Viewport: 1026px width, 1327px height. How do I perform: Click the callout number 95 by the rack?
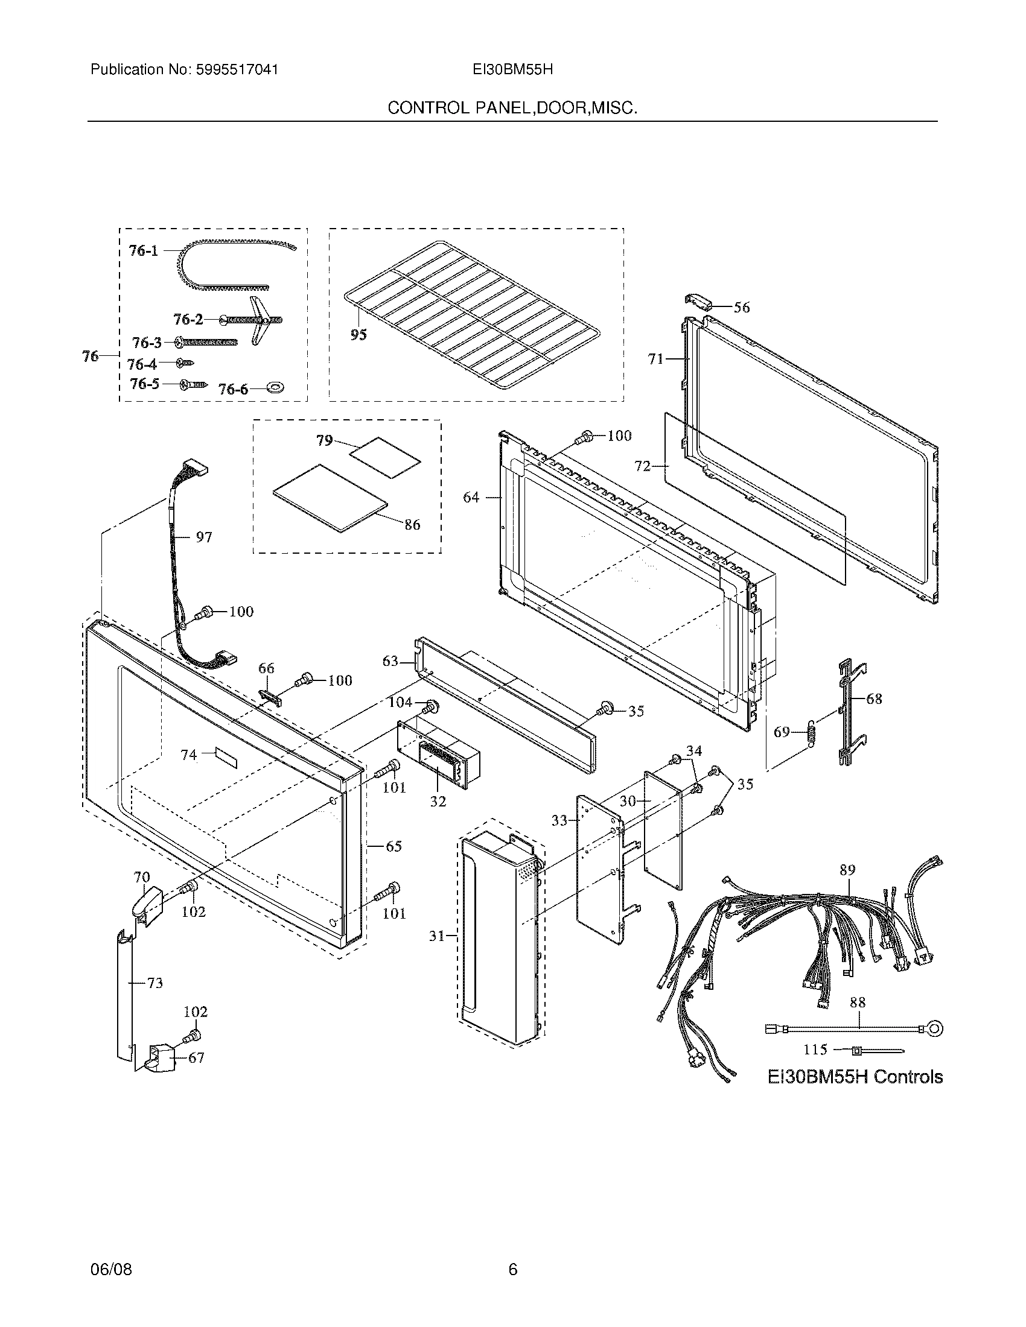click(358, 334)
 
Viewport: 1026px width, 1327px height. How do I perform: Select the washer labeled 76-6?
click(276, 388)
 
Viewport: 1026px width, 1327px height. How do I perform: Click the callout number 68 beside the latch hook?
click(874, 698)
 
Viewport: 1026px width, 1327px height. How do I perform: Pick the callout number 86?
click(412, 524)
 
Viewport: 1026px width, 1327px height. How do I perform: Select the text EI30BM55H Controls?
click(855, 1077)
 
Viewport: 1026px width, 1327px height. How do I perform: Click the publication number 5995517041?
click(237, 70)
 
